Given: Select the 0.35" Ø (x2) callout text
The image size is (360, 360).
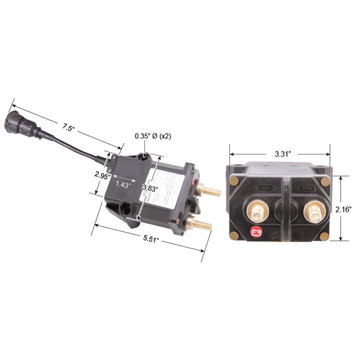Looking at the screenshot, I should click(x=153, y=136).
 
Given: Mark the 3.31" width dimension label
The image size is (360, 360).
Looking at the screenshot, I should click(x=283, y=153).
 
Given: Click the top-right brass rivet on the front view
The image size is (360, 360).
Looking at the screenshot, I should click(x=325, y=181).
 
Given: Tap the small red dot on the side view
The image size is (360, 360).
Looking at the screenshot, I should click(x=193, y=183).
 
